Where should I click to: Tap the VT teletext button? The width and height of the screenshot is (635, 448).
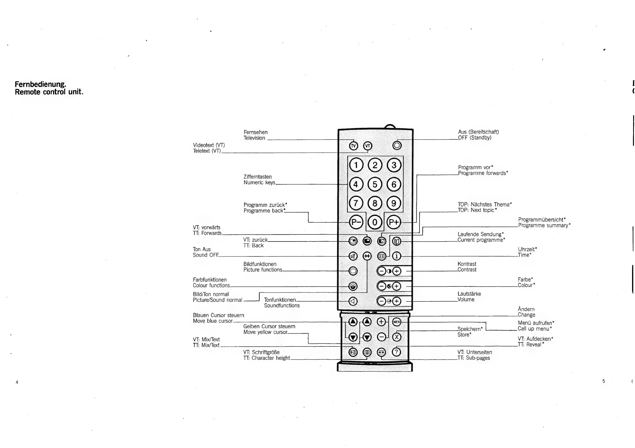tap(367, 146)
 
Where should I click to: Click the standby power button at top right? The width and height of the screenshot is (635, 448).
tap(397, 145)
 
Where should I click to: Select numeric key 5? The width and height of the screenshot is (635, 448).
tap(375, 184)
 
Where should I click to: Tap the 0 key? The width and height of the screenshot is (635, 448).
tap(375, 222)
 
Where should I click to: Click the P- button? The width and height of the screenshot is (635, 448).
tap(356, 222)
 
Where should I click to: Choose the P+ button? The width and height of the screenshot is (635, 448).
tap(394, 222)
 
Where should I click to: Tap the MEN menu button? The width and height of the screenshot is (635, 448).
tap(397, 322)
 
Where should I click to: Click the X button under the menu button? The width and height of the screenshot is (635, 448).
tap(397, 337)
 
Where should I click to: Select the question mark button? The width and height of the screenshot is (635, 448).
tap(396, 352)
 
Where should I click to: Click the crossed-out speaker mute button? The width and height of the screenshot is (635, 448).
tap(353, 256)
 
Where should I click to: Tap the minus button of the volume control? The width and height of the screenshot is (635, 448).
tap(381, 301)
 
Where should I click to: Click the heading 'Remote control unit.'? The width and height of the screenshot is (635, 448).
tap(49, 92)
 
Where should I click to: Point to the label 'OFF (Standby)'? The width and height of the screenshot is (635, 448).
tap(475, 138)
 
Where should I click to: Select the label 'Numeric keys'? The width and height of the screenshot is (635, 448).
tap(259, 182)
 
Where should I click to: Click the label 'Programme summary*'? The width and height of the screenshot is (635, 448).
tap(544, 225)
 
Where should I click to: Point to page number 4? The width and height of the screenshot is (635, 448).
tap(17, 382)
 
